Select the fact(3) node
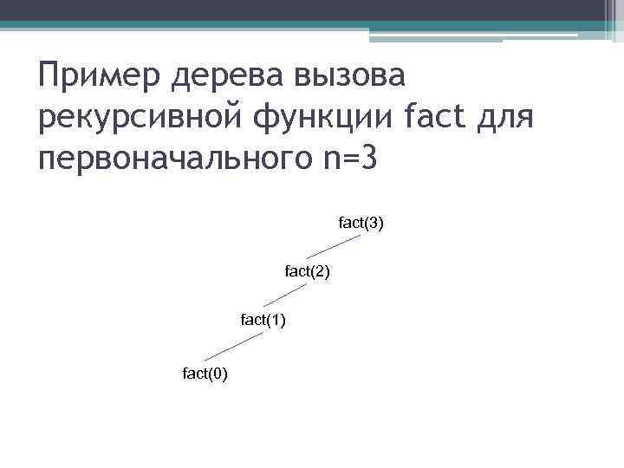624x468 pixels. (361, 224)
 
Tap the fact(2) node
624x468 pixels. (307, 272)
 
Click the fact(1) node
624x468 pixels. (263, 321)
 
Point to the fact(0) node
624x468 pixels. (205, 374)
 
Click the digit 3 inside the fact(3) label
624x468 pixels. (374, 224)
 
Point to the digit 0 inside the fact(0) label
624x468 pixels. (218, 374)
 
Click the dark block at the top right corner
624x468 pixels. (613, 16)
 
